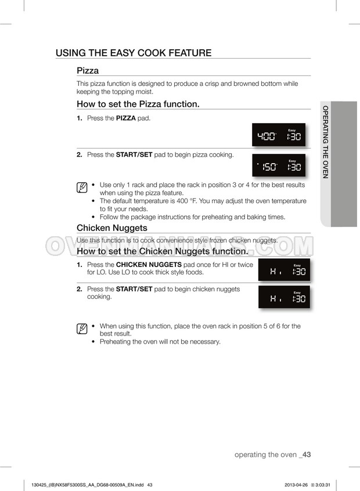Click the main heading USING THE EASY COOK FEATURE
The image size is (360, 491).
[x=133, y=53]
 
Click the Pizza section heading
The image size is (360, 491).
[x=88, y=70]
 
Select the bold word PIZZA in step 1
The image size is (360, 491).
[x=126, y=118]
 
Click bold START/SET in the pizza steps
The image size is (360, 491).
[x=134, y=155]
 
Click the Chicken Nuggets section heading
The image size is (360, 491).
[x=112, y=228]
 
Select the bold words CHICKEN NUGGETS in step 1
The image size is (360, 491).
[x=149, y=265]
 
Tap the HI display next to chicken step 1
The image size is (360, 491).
[x=284, y=270]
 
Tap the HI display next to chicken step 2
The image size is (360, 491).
[x=284, y=297]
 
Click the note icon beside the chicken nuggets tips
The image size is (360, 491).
[x=82, y=329]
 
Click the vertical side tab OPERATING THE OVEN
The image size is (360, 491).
[x=326, y=142]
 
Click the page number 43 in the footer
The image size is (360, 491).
[x=307, y=454]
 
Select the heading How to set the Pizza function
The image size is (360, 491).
[x=138, y=104]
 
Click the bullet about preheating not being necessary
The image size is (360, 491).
[x=160, y=342]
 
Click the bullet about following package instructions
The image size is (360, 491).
[x=192, y=217]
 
